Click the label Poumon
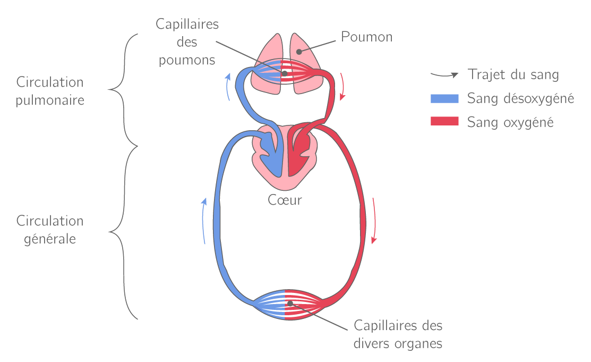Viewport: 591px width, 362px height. (x=367, y=37)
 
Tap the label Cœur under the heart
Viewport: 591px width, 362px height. (x=285, y=200)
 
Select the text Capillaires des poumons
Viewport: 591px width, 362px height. (x=187, y=42)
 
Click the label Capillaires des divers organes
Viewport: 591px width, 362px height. (x=398, y=334)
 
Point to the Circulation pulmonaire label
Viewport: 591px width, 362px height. (x=50, y=91)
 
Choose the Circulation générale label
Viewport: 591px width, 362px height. (x=50, y=230)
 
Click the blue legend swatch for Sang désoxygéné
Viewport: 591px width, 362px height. (x=444, y=98)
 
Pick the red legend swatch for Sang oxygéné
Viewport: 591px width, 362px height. (x=444, y=122)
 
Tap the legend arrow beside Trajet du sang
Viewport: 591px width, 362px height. (x=444, y=74)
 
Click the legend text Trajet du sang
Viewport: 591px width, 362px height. (x=513, y=74)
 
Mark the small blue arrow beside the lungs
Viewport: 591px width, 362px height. (x=228, y=86)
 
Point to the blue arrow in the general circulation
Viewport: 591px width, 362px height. (x=204, y=221)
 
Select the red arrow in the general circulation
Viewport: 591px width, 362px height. (x=375, y=221)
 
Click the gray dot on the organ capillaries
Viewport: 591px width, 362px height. (x=290, y=304)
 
